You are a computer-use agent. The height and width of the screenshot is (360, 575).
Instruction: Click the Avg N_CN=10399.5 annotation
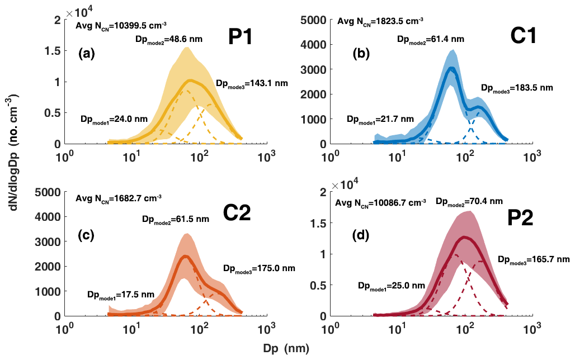122,25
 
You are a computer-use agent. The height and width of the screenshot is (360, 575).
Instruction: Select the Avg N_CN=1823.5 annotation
380,22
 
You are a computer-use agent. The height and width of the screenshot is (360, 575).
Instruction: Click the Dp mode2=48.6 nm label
169,40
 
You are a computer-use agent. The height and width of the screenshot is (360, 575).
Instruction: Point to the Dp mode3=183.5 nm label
517,88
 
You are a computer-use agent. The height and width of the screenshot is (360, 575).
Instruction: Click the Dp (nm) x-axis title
286,348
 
